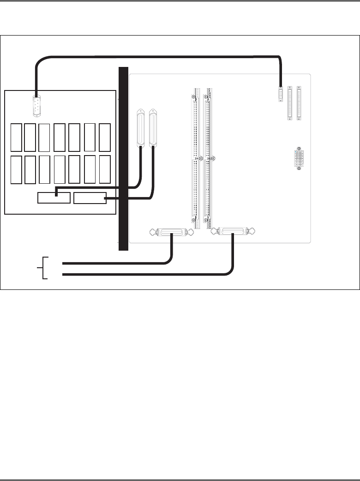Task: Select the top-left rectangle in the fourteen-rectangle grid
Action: [x=16, y=137]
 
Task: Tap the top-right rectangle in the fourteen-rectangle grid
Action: [x=105, y=137]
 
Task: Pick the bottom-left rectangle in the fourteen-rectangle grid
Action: [x=16, y=170]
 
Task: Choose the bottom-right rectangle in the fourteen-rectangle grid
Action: [x=105, y=170]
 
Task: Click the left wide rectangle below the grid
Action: [x=54, y=198]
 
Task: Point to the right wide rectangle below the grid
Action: [x=90, y=198]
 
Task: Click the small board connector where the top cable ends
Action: [x=280, y=94]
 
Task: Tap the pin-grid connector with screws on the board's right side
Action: [x=299, y=158]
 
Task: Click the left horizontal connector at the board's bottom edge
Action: [x=172, y=231]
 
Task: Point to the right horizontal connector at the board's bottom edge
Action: [x=233, y=231]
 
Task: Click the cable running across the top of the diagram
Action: [x=157, y=56]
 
